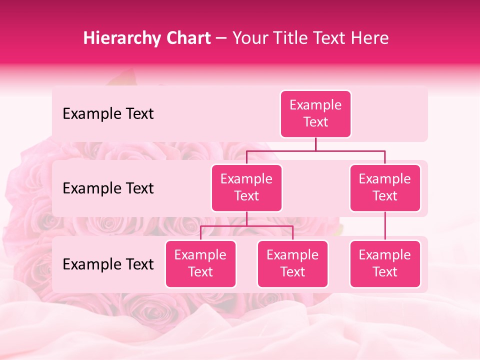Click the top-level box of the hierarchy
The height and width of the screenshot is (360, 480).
tap(315, 114)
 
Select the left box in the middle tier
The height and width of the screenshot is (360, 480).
tap(246, 188)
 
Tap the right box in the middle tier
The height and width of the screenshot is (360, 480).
tap(385, 188)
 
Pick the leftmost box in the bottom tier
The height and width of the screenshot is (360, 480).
tap(200, 264)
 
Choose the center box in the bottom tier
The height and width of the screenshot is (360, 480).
tap(292, 264)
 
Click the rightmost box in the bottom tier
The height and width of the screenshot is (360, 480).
tap(385, 264)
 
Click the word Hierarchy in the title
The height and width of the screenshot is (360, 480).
tap(121, 38)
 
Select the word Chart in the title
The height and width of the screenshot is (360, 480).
tap(187, 38)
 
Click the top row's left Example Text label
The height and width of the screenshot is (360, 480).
tap(108, 114)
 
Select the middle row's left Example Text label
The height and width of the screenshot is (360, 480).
tap(108, 188)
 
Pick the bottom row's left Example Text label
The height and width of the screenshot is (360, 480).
tap(108, 264)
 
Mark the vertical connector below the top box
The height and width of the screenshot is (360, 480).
tap(315, 144)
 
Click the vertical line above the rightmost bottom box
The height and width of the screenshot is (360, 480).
tap(385, 226)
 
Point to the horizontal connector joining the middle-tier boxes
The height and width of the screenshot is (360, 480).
tap(315, 150)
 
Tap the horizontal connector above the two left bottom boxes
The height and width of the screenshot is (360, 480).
tap(246, 226)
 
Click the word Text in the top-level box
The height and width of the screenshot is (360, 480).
tap(315, 122)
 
